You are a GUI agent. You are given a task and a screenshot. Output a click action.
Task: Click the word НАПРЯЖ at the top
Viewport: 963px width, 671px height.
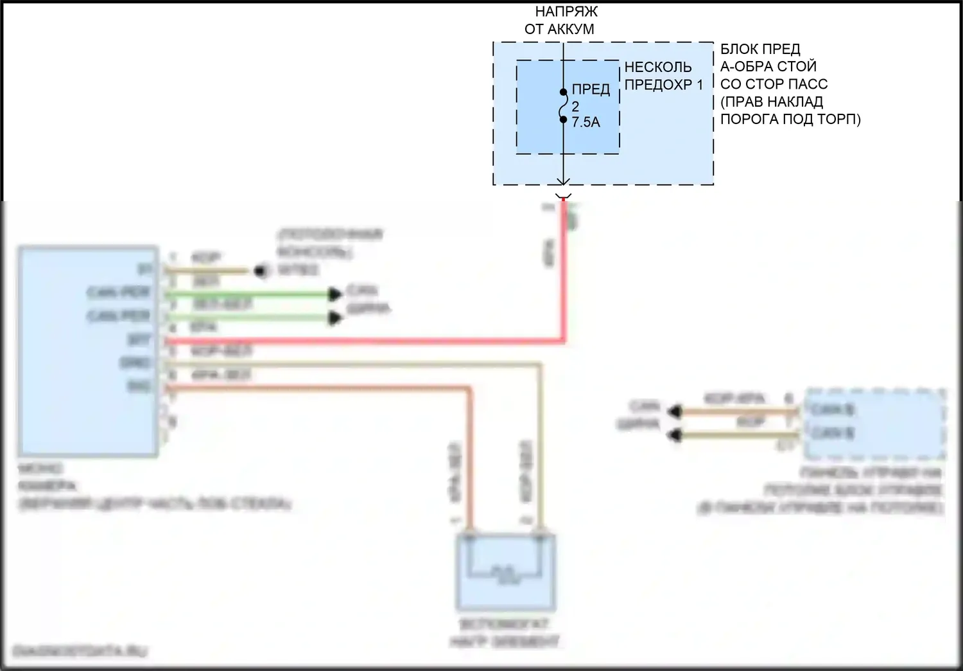tap(566, 12)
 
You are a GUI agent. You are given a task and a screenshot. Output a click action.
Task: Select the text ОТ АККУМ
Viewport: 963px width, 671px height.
tap(559, 29)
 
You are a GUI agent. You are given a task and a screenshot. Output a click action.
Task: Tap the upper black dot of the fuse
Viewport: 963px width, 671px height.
tap(564, 92)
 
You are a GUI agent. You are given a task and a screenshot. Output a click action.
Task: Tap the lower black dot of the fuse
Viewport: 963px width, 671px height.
tap(564, 119)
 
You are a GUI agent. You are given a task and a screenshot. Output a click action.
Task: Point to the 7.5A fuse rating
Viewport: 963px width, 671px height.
tap(586, 122)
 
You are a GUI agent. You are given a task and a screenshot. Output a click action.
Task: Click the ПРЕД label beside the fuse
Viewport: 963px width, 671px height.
tap(591, 89)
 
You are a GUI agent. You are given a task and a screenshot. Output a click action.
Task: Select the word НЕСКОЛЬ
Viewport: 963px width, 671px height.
tap(658, 67)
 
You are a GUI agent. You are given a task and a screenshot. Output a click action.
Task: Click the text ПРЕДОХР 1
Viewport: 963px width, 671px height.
tap(664, 84)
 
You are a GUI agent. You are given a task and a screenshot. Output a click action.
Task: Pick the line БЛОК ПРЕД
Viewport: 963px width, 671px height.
tap(760, 49)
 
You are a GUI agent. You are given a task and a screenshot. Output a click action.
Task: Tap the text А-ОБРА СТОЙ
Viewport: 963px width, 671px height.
tap(768, 66)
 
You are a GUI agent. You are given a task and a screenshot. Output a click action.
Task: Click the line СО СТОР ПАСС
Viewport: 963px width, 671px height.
tap(774, 84)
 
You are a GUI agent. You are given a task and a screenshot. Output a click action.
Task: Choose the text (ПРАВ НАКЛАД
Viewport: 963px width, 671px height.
tap(772, 102)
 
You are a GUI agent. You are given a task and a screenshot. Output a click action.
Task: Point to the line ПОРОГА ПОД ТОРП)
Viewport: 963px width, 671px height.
tap(790, 119)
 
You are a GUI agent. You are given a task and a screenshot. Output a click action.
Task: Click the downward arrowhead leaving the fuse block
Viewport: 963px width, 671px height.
tap(564, 183)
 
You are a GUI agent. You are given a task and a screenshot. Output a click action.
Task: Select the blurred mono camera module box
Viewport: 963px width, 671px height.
tap(89, 351)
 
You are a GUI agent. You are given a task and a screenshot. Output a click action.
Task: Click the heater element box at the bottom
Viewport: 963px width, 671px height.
tap(505, 572)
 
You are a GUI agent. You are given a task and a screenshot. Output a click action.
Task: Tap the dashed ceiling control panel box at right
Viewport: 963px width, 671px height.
tap(874, 424)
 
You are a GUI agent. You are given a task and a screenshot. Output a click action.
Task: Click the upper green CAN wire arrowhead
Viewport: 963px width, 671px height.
tap(334, 294)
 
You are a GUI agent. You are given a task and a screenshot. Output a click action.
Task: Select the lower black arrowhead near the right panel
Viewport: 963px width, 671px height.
tap(674, 436)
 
